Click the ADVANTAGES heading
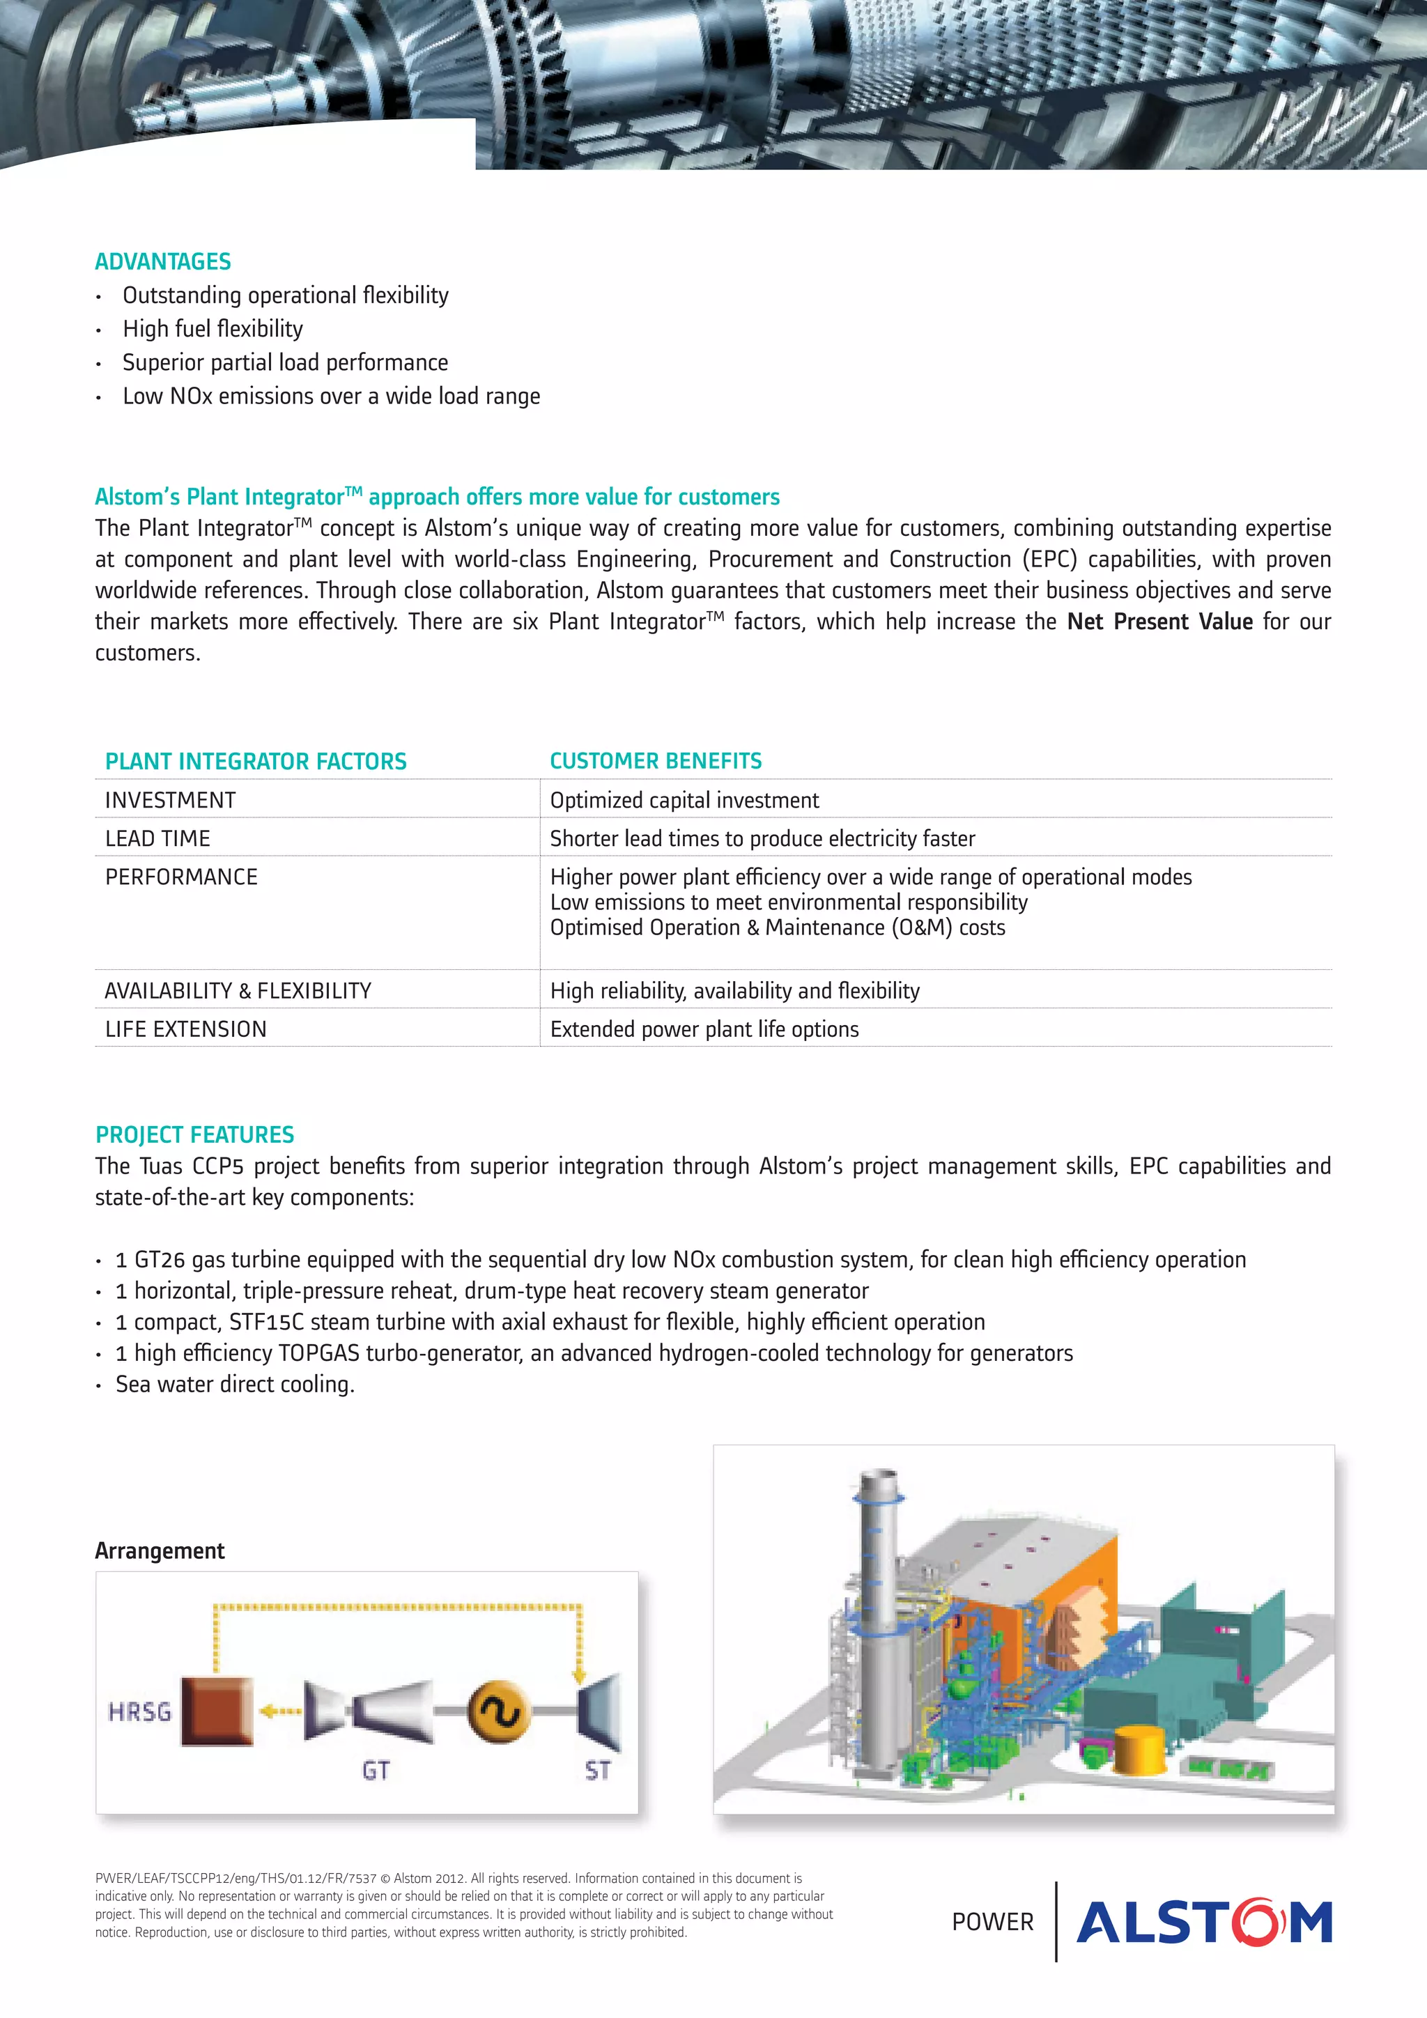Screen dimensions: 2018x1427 (162, 262)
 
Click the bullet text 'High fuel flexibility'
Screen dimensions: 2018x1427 (213, 329)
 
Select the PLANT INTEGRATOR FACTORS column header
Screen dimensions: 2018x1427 (256, 761)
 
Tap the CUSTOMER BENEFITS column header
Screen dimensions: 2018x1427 (656, 761)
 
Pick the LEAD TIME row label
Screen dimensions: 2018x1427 (158, 838)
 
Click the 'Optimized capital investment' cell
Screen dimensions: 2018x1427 (684, 801)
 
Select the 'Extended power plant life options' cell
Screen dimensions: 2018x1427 (704, 1029)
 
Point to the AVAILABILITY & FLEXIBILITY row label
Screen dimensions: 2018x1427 (238, 991)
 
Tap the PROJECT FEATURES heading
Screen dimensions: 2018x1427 (195, 1134)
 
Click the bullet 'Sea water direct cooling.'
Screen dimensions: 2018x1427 (235, 1385)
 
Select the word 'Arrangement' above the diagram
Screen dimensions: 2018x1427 (160, 1551)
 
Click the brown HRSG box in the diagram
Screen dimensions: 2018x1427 (217, 1711)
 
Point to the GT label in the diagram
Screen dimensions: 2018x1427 (376, 1770)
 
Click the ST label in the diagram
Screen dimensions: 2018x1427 (598, 1770)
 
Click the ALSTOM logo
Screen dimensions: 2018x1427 (1204, 1921)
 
